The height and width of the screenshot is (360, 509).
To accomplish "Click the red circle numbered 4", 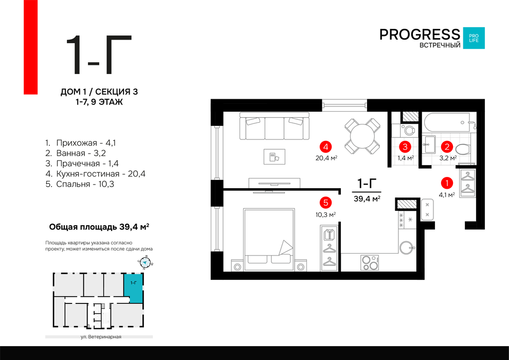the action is (x=325, y=147).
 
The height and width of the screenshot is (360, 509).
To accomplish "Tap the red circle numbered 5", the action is (x=325, y=203).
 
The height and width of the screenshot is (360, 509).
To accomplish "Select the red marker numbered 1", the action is (x=447, y=183).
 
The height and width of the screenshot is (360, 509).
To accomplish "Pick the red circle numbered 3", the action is (x=405, y=147).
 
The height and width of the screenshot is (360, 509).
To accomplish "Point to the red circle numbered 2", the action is (x=447, y=147).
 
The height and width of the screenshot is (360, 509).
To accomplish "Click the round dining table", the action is (x=362, y=136).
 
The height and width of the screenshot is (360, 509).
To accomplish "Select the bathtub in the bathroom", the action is (x=447, y=122).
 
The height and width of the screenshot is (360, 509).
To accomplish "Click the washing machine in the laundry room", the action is (x=408, y=130).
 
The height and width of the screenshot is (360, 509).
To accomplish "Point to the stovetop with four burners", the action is (x=370, y=263).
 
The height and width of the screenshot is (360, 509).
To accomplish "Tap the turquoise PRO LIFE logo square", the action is (x=474, y=38).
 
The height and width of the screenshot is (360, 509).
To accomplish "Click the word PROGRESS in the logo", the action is (x=420, y=34).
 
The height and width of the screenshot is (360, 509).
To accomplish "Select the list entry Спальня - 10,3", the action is (x=80, y=184).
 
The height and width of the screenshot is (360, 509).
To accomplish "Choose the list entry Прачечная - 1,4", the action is (x=82, y=163).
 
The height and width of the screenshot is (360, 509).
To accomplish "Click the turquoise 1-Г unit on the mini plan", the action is (x=133, y=287).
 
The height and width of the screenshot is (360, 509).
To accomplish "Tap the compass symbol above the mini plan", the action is (x=145, y=263).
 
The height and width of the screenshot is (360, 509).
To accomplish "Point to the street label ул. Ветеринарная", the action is (x=101, y=337).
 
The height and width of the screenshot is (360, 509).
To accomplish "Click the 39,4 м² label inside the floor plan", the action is (x=367, y=199).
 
